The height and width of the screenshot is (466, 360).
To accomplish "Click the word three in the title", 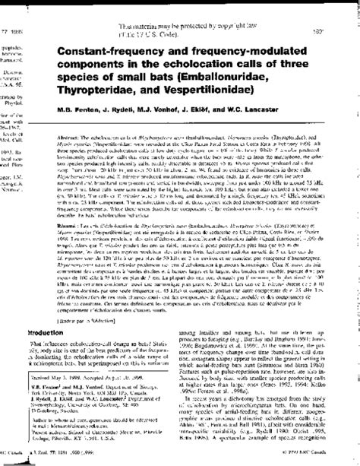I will click(298, 62).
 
